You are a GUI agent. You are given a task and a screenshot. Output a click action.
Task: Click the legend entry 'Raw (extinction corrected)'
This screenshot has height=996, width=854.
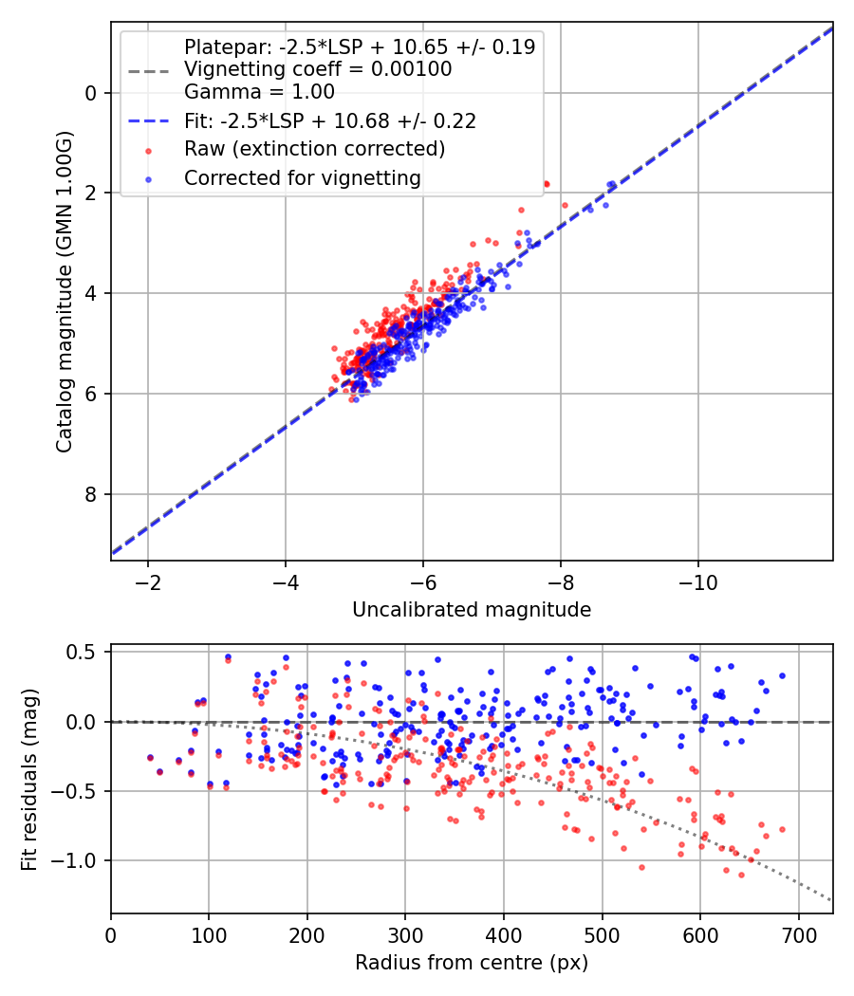(x=314, y=149)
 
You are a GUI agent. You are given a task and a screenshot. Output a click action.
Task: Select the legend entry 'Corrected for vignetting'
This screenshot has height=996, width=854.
(x=302, y=177)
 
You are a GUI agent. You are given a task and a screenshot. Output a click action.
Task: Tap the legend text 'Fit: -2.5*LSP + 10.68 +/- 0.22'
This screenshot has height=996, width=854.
(x=329, y=120)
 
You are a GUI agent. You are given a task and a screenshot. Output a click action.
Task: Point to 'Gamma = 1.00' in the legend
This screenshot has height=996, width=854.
(x=259, y=92)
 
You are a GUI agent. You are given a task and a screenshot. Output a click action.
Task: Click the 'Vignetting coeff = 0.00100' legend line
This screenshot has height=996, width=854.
(x=318, y=69)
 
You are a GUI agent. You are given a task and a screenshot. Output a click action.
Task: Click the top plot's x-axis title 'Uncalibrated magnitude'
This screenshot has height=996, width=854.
(x=472, y=610)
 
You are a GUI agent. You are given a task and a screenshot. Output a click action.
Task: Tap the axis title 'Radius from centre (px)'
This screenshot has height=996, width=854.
(x=472, y=963)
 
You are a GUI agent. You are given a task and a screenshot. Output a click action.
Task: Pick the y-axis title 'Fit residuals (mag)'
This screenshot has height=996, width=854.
(x=29, y=779)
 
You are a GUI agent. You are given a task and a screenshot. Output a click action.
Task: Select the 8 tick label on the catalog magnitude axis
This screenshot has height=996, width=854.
(x=91, y=494)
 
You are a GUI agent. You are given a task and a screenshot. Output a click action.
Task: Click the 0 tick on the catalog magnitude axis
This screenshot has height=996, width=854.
(x=91, y=93)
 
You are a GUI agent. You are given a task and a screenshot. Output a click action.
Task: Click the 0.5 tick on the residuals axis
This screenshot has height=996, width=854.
(x=83, y=652)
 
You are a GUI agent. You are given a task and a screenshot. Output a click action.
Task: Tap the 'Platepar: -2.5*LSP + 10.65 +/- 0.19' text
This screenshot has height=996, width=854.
(x=359, y=46)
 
